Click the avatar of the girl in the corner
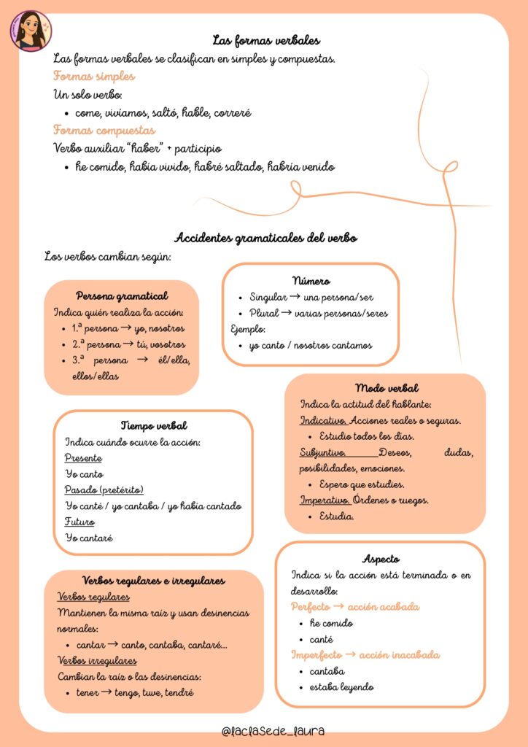[x=31, y=31]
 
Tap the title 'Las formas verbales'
[x=266, y=40]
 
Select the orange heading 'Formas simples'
[x=94, y=76]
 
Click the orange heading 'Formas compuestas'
[x=104, y=130]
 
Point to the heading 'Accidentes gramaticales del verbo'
[x=266, y=238]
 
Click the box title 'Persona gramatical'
[x=122, y=295]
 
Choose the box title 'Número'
[x=311, y=280]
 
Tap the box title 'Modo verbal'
[x=387, y=388]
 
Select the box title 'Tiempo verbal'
[x=154, y=425]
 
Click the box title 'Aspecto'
[x=381, y=559]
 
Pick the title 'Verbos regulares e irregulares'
[x=154, y=581]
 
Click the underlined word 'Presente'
[x=83, y=458]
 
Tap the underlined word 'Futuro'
[x=79, y=522]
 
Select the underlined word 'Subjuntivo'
[x=322, y=452]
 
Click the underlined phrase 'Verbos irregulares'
[x=97, y=660]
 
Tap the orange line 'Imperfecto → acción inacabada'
[x=365, y=654]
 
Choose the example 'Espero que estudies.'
[x=362, y=484]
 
